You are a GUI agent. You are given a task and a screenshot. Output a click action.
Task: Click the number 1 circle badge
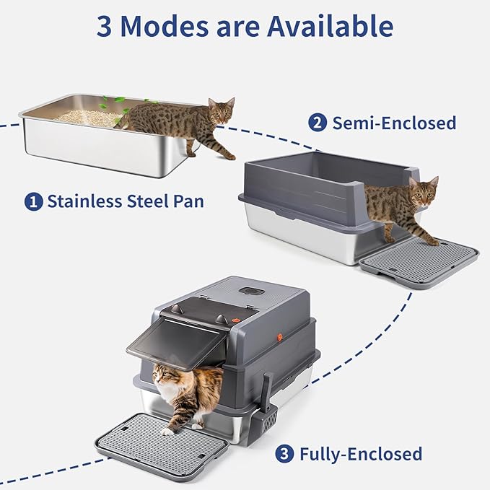[33, 201]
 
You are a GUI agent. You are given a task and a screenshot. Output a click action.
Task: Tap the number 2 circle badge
[317, 123]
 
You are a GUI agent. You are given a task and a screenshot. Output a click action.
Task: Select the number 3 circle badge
[286, 454]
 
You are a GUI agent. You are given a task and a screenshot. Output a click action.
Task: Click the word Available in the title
[331, 27]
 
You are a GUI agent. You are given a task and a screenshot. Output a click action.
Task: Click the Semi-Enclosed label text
[394, 123]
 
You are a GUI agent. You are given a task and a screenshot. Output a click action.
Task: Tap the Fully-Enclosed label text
[361, 454]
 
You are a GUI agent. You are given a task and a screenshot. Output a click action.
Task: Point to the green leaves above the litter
[116, 102]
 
